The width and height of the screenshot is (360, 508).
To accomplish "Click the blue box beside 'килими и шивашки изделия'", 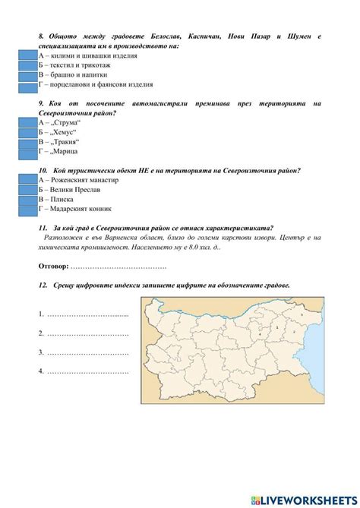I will point(27,56).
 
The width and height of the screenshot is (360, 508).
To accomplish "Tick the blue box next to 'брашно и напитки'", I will point(27,76).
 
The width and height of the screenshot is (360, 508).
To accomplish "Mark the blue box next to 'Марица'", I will point(27,152).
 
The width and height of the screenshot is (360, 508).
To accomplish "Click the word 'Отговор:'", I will point(53,266).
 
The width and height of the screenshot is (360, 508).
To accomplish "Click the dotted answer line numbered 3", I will point(87,352).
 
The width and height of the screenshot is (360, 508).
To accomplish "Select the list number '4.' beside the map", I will point(40,371).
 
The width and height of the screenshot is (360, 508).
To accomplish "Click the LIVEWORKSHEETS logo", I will point(305,498).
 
